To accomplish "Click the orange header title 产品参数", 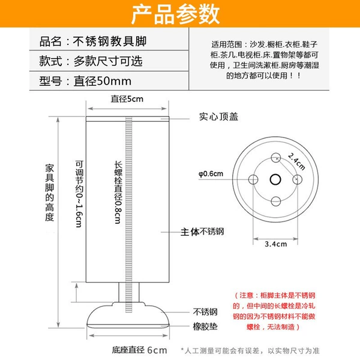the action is (175, 14).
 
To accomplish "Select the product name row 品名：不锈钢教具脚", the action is (93, 41).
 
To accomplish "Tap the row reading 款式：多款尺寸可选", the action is (91, 61).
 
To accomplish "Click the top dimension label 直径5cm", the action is (127, 99).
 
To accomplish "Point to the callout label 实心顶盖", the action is (218, 116).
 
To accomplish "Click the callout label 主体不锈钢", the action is (202, 232).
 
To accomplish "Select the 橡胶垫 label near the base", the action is (205, 326).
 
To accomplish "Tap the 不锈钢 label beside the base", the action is (205, 312).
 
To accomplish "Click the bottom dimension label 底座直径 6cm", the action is (139, 350).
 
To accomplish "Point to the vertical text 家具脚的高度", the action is (49, 193).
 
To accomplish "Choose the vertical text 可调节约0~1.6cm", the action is (79, 194).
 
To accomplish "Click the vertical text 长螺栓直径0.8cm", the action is (118, 193).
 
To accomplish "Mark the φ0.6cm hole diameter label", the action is (211, 174).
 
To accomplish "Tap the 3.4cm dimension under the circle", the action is (276, 244).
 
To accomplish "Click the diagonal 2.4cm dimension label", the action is (296, 161).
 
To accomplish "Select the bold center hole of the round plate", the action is (275, 179).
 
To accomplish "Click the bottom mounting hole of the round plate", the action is (275, 202).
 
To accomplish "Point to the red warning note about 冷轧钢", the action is (274, 311).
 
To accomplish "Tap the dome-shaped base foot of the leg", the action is (128, 314).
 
